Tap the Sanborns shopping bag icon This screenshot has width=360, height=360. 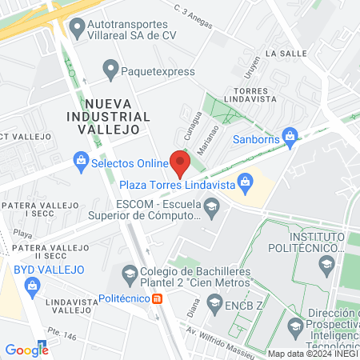coord(290,135)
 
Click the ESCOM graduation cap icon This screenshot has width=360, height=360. coord(211,210)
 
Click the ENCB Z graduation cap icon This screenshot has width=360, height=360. coord(214,302)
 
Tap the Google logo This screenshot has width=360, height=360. coord(26,350)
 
